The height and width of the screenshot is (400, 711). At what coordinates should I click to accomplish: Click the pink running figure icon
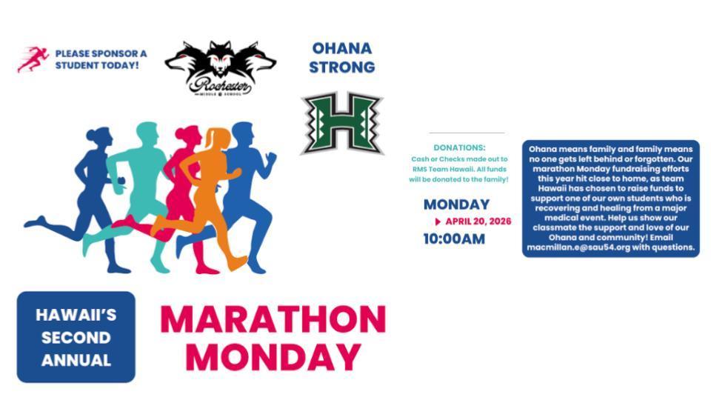click(33, 59)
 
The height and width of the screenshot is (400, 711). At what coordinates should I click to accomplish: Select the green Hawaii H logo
click(341, 123)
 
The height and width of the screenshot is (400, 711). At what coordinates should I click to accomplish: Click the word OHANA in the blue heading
click(341, 49)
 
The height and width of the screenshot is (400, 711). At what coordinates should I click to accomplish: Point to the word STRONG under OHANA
click(341, 67)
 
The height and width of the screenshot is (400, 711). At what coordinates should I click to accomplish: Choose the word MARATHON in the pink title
click(273, 319)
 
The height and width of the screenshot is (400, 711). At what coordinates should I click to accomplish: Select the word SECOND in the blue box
click(76, 338)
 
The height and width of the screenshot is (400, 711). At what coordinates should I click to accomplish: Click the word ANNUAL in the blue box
click(76, 361)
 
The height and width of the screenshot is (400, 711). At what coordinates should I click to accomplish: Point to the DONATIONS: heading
click(459, 148)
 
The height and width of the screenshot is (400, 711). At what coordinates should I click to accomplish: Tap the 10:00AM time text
click(454, 239)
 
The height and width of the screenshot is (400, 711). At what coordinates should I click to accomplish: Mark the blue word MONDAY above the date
click(456, 204)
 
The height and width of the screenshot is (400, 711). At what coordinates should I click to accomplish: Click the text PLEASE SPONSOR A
click(101, 54)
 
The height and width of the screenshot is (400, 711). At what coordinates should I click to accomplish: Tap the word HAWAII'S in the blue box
click(76, 315)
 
